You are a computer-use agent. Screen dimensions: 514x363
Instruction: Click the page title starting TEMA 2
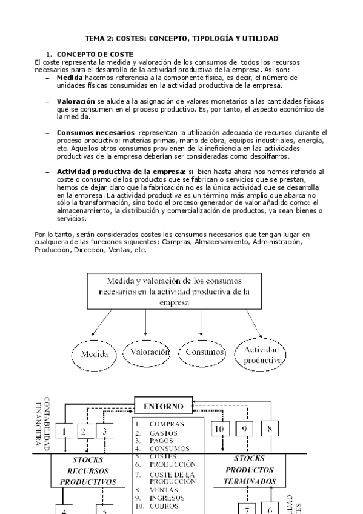click(181, 38)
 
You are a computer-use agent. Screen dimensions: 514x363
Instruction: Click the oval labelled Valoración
click(146, 351)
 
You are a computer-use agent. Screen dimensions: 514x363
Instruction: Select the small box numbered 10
click(219, 429)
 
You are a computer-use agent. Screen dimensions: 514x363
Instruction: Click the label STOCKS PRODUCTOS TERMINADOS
click(249, 470)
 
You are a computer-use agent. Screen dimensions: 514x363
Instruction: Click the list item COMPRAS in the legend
click(162, 424)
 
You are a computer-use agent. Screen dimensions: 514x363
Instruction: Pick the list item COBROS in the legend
click(162, 505)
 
